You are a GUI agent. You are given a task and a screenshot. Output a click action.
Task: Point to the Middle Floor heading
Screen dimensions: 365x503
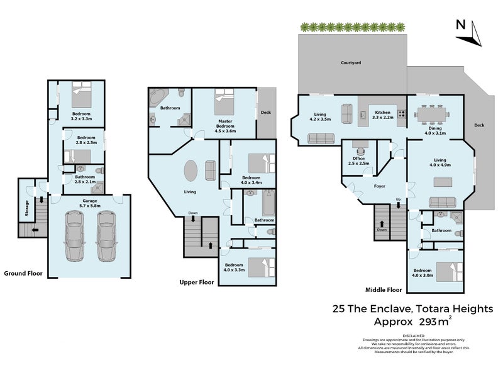[x=384, y=290]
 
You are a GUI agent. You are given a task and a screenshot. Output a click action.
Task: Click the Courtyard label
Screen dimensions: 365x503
[x=350, y=63]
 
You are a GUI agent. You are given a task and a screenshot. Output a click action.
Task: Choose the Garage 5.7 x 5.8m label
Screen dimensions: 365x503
[x=90, y=203]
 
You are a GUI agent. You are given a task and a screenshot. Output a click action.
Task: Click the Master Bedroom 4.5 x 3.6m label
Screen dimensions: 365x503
[x=226, y=126]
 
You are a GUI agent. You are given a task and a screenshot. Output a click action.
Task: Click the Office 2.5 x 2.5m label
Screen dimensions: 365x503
[x=359, y=161]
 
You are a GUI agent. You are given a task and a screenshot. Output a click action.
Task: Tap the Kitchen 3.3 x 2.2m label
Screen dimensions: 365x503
[x=383, y=115]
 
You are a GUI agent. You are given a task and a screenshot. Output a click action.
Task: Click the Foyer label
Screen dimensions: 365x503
[x=379, y=186]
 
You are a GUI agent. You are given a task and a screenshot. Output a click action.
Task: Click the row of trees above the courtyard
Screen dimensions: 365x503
[x=352, y=27]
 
